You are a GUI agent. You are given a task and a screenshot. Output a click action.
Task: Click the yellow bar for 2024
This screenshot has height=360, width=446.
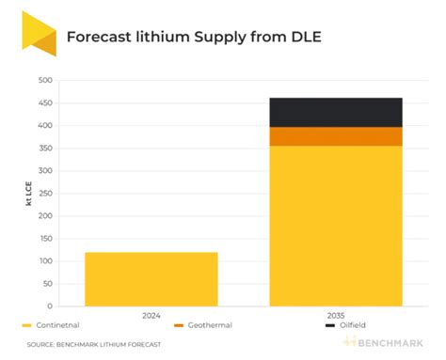pyautogui.click(x=151, y=279)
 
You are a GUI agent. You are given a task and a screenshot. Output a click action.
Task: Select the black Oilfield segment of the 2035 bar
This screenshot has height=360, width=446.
pyautogui.click(x=335, y=112)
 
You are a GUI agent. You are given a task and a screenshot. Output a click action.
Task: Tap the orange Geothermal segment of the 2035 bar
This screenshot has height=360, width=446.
pyautogui.click(x=335, y=136)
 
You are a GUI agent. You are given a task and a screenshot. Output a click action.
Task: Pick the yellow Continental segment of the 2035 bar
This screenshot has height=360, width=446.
pyautogui.click(x=335, y=226)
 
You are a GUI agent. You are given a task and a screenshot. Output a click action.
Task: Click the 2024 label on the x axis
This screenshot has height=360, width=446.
pyautogui.click(x=151, y=316)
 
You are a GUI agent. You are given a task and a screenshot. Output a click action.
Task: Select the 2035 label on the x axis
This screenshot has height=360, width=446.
pyautogui.click(x=335, y=316)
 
